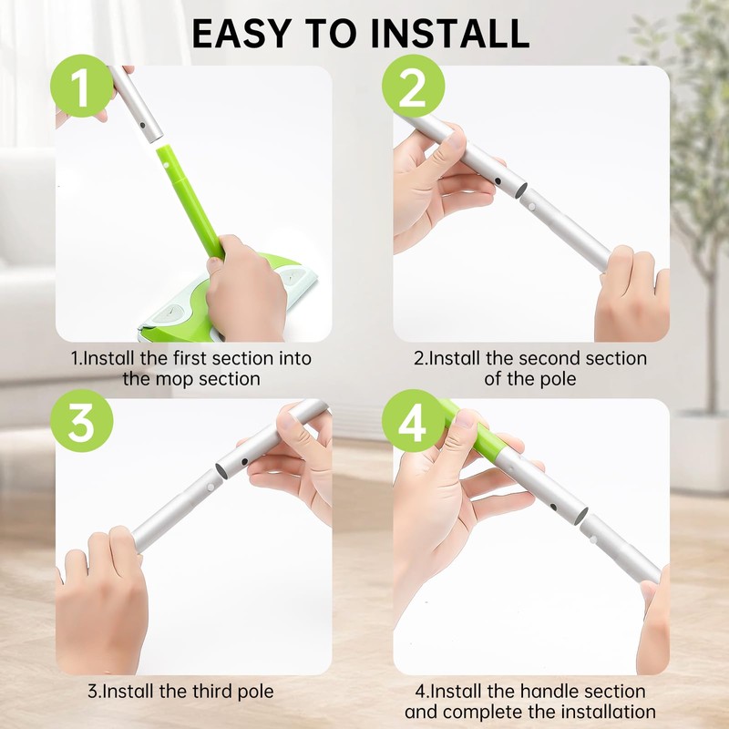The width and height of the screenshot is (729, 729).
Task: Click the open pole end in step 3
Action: pyautogui.click(x=222, y=470)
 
